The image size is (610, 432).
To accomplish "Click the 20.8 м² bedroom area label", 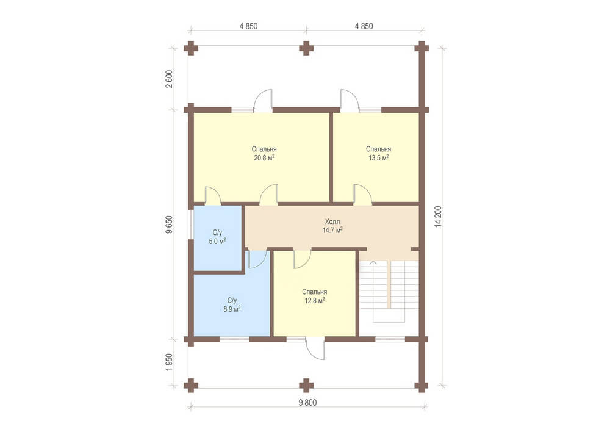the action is click(264, 153).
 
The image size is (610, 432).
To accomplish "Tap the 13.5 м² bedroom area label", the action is click(379, 153).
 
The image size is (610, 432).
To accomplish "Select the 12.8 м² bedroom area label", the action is click(314, 296).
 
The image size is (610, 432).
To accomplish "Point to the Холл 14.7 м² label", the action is click(332, 226).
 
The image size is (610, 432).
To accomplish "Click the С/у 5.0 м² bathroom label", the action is click(218, 237).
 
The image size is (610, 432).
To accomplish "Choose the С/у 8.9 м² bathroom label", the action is click(232, 304).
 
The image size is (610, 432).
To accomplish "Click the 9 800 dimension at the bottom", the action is click(307, 403).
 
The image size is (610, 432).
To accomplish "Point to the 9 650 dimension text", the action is click(169, 224).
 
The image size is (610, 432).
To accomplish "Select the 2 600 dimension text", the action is click(169, 79).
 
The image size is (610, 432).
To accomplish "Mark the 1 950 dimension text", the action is click(169, 362).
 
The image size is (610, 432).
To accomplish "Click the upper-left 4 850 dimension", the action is click(248, 26).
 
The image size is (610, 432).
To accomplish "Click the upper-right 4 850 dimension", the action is click(364, 26).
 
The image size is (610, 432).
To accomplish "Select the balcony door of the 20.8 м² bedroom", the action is click(263, 101).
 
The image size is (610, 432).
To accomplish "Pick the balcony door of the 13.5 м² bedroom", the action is click(350, 101).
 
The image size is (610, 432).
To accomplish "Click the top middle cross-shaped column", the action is click(306, 48).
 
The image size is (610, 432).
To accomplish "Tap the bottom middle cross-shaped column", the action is click(306, 385).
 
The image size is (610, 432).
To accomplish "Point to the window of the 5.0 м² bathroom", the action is click(190, 225).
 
